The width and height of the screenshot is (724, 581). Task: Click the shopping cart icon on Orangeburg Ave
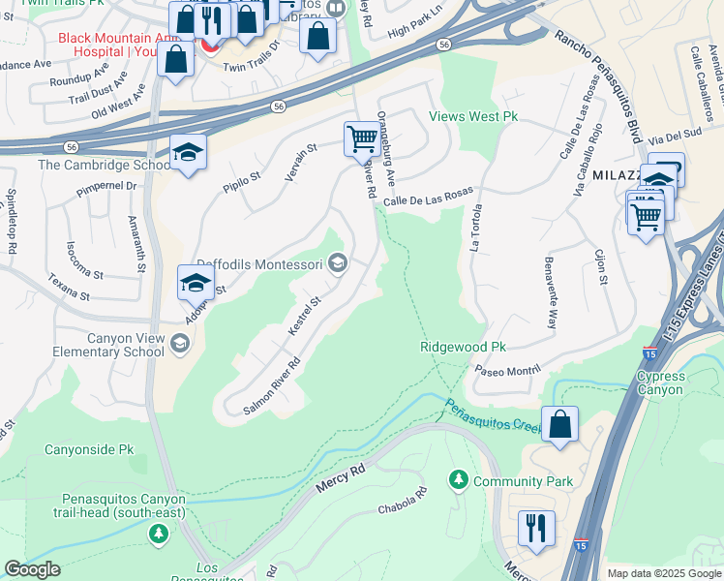click(362, 138)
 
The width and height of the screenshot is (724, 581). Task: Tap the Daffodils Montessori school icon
click(338, 263)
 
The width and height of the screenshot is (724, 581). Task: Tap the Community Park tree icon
click(457, 480)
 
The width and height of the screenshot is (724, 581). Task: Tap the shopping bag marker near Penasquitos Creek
click(560, 424)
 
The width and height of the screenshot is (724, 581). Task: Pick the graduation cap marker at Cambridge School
click(188, 152)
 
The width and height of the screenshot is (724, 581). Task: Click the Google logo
click(32, 569)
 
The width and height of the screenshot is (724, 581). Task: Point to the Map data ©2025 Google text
click(663, 573)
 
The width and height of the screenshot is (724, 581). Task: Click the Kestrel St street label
click(304, 317)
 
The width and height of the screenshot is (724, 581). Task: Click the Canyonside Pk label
click(89, 450)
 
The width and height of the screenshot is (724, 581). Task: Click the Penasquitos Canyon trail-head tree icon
click(158, 534)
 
